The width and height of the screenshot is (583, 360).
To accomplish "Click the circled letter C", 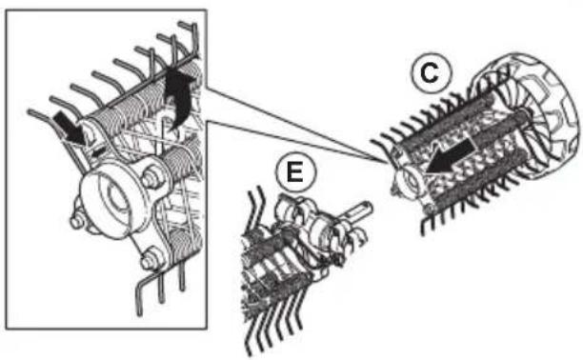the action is [431, 73].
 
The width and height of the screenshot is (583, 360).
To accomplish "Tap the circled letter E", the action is [295, 173].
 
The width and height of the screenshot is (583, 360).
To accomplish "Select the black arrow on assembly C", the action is [449, 157].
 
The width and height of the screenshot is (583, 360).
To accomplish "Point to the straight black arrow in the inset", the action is [70, 130].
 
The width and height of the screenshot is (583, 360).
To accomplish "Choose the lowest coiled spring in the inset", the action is [186, 241].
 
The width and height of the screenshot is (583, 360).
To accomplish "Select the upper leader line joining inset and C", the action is [294, 124].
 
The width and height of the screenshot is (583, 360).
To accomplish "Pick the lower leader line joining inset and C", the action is [294, 142].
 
